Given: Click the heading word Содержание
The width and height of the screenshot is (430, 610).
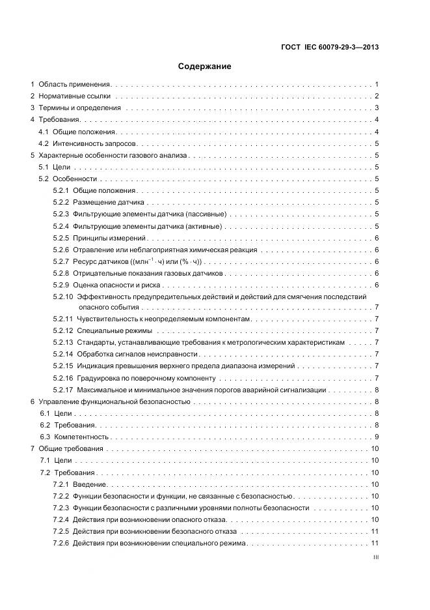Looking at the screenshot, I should (x=204, y=66).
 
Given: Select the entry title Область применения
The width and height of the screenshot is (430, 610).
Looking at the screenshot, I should (x=75, y=85).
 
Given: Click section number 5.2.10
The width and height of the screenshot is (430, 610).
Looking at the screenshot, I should (x=62, y=297).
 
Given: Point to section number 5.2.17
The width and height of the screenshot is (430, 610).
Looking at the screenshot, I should (x=62, y=389).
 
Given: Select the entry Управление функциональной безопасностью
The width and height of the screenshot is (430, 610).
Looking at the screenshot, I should (x=114, y=402).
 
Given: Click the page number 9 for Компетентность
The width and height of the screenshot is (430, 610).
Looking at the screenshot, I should (x=377, y=437).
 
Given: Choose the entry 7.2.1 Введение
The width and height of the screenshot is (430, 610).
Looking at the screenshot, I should (x=88, y=484).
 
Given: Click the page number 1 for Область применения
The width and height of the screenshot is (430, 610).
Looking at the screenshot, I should (x=377, y=85).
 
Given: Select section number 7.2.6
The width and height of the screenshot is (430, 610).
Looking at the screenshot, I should (x=60, y=543).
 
